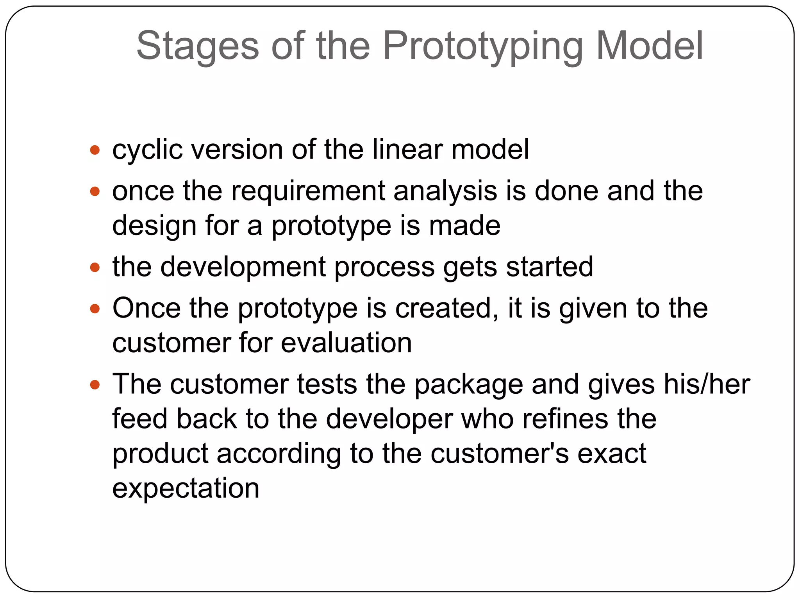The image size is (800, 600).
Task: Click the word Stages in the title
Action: [197, 46]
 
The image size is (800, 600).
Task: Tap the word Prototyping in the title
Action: [483, 46]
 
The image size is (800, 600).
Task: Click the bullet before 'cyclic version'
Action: [95, 150]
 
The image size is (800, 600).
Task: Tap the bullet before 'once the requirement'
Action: [95, 191]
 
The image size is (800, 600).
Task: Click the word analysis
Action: [445, 191]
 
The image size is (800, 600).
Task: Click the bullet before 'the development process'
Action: [95, 268]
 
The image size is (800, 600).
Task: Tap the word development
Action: [243, 268]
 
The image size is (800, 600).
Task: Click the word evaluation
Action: [346, 343]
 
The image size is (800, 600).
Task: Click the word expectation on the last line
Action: [186, 488]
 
